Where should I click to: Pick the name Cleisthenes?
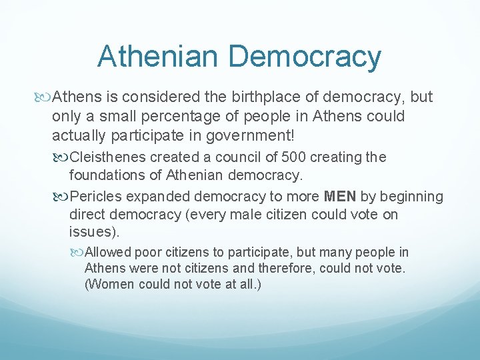pyautogui.click(x=107, y=158)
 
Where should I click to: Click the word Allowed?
pyautogui.click(x=109, y=253)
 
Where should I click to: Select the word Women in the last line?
pyautogui.click(x=109, y=283)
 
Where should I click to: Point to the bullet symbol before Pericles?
pyautogui.click(x=63, y=197)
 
